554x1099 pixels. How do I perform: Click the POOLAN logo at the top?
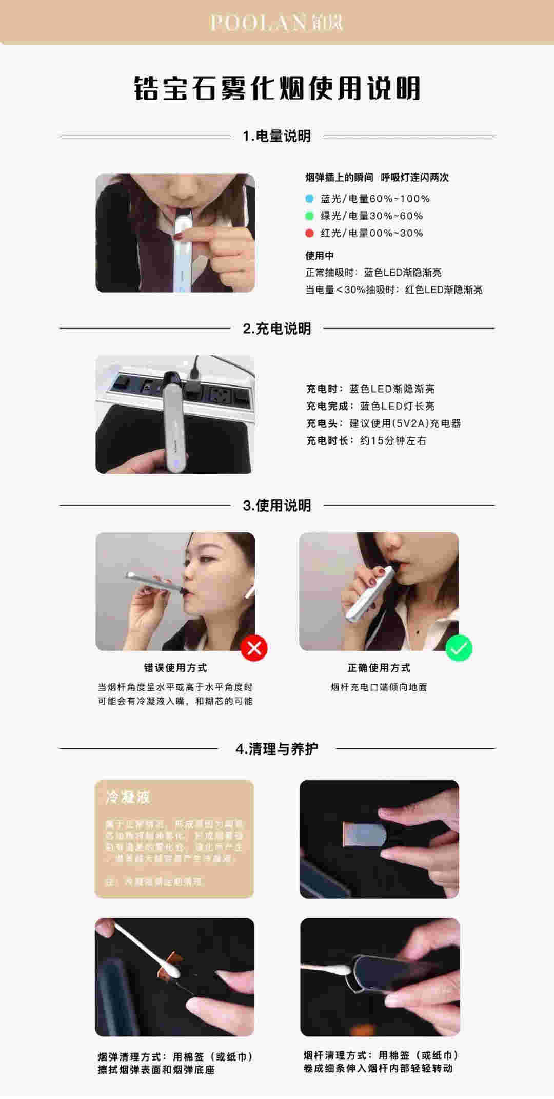pyautogui.click(x=276, y=23)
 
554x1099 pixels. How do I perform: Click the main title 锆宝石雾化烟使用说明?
pyautogui.click(x=277, y=88)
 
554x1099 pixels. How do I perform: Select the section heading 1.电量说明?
pyautogui.click(x=277, y=136)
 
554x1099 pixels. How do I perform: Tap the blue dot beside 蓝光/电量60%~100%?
pyautogui.click(x=309, y=199)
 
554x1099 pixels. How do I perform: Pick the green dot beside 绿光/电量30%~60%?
pyautogui.click(x=309, y=216)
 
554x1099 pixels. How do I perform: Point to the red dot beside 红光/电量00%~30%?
pyautogui.click(x=309, y=233)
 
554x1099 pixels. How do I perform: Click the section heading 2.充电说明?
pyautogui.click(x=277, y=329)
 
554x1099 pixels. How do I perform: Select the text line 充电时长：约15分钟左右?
pyautogui.click(x=366, y=440)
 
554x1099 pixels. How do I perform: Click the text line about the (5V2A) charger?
pyautogui.click(x=383, y=423)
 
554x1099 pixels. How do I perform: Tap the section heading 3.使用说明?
pyautogui.click(x=277, y=506)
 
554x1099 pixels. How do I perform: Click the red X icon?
pyautogui.click(x=254, y=648)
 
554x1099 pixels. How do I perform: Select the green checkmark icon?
pyautogui.click(x=459, y=648)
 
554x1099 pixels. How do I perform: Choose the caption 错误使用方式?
pyautogui.click(x=175, y=668)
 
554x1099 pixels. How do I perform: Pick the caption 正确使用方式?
pyautogui.click(x=379, y=668)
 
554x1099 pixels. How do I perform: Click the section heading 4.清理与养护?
pyautogui.click(x=277, y=749)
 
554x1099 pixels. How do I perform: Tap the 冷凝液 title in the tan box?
pyautogui.click(x=127, y=797)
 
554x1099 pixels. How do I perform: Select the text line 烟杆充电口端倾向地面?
pyautogui.click(x=379, y=687)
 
